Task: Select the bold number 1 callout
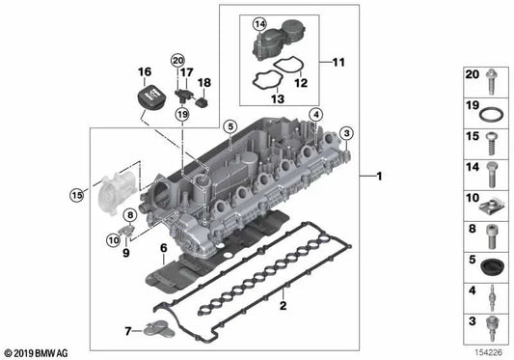[x=379, y=178]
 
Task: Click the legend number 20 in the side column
[x=472, y=75]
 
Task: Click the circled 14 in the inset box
[x=259, y=23]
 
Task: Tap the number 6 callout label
[x=164, y=248]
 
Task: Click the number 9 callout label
[x=125, y=253]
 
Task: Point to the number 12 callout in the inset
[x=301, y=82]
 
